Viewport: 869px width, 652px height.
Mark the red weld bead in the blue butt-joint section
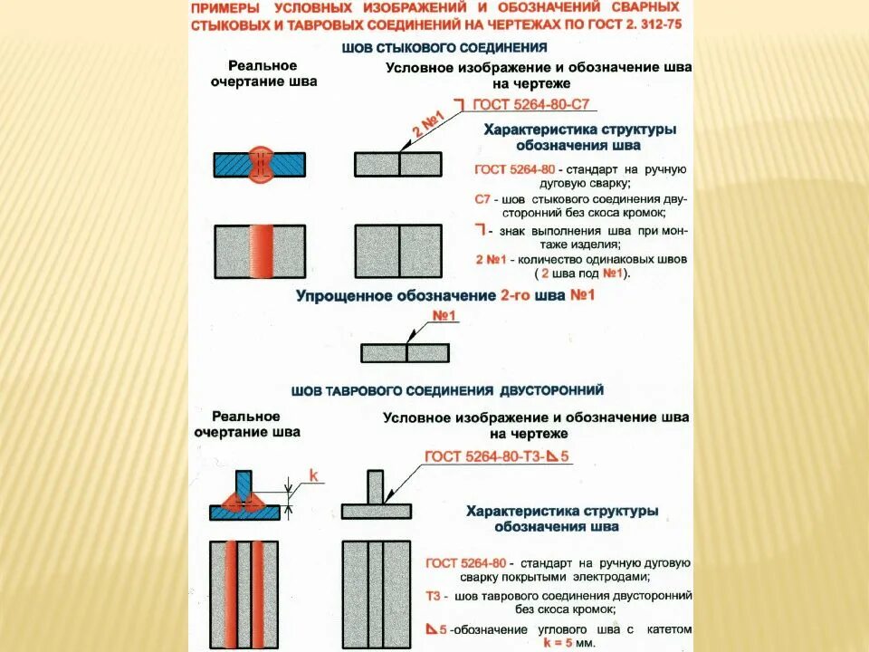click(x=260, y=164)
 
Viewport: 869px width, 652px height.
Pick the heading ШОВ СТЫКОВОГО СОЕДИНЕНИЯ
click(x=444, y=46)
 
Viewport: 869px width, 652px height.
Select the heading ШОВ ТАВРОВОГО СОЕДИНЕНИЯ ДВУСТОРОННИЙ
click(x=447, y=390)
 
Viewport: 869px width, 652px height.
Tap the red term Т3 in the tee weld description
click(x=434, y=597)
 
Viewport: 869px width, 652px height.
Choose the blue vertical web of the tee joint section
click(x=244, y=485)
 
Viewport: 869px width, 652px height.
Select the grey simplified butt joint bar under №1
click(x=406, y=352)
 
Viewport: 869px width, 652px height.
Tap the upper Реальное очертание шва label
click(x=263, y=73)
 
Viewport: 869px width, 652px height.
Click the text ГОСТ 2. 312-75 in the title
click(x=633, y=25)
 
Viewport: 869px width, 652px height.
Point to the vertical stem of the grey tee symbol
click(x=375, y=486)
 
